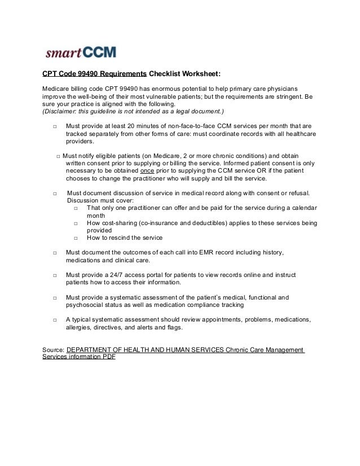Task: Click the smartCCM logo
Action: coord(80,53)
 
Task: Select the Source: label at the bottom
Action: coord(54,350)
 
